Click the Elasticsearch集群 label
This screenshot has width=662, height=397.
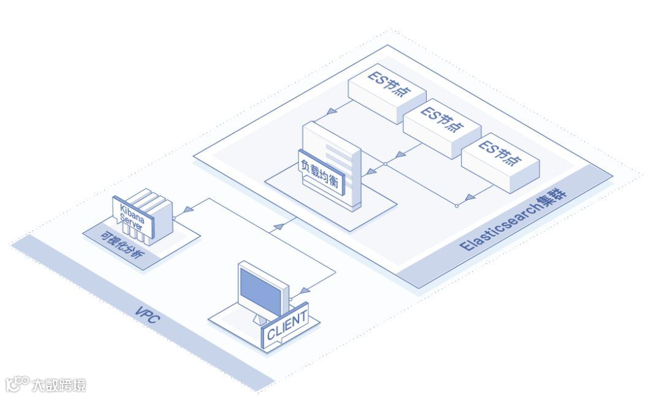(514, 220)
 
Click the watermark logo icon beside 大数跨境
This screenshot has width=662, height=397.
(17, 384)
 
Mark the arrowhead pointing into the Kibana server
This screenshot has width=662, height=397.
(187, 209)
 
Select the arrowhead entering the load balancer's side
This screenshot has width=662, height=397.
(370, 174)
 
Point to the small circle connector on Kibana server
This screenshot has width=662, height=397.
(175, 217)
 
